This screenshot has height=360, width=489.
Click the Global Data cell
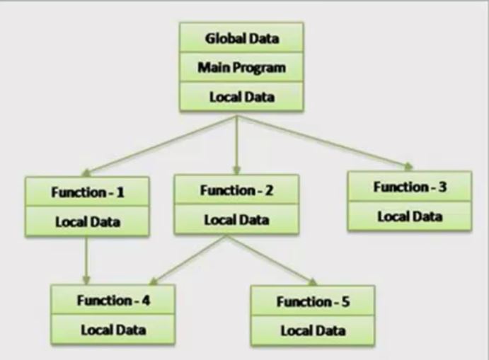241,38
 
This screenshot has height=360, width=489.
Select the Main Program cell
241,67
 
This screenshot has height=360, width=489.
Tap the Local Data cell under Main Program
241,97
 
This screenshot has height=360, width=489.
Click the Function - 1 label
88,192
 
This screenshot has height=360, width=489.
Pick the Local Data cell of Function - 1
88,221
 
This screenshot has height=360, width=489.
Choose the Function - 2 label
236,190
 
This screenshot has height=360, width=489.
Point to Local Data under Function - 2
236,219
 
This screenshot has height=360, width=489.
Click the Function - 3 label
410,187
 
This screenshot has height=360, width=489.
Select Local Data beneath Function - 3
410,216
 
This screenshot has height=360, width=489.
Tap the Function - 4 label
113,300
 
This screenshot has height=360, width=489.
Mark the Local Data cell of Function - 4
113,330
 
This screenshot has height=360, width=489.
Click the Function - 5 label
313,302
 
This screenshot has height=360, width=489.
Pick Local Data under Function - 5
313,330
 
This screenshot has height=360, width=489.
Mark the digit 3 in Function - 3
443,187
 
